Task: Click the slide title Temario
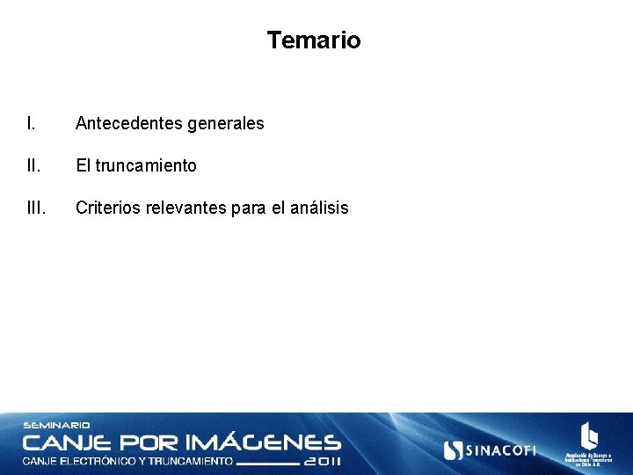pyautogui.click(x=314, y=40)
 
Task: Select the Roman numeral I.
pyautogui.click(x=31, y=123)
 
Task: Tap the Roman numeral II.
pyautogui.click(x=33, y=165)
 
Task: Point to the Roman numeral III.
pyautogui.click(x=36, y=208)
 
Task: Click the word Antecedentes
pyautogui.click(x=129, y=123)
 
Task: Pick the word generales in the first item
pyautogui.click(x=226, y=124)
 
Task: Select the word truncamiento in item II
pyautogui.click(x=146, y=165)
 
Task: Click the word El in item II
pyautogui.click(x=83, y=165)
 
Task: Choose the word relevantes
pyautogui.click(x=186, y=208)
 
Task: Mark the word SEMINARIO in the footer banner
pyautogui.click(x=56, y=426)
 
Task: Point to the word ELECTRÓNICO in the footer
pyautogui.click(x=94, y=461)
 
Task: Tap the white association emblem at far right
pyautogui.click(x=589, y=436)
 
